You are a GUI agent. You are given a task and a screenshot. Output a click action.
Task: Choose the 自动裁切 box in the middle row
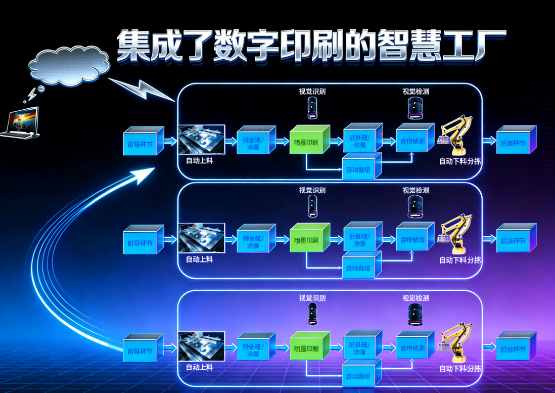pyautogui.click(x=360, y=267)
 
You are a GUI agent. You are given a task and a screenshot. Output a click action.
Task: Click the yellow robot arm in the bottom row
pyautogui.click(x=456, y=341)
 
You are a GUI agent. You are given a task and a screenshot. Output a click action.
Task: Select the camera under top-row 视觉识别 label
pyautogui.click(x=312, y=108)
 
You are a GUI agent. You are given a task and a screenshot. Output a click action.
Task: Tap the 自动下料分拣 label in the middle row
pyautogui.click(x=460, y=260)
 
